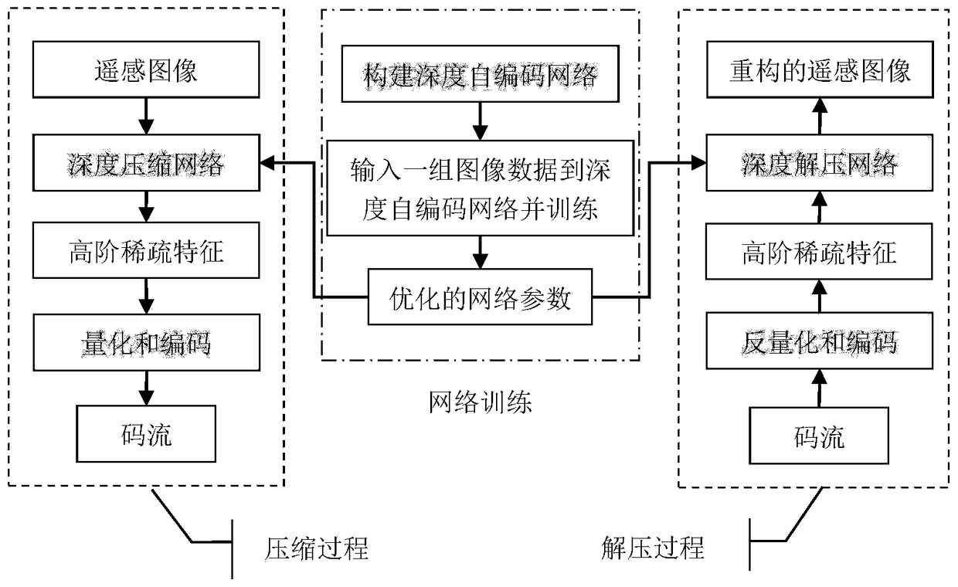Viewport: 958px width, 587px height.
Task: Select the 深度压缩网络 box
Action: pos(146,164)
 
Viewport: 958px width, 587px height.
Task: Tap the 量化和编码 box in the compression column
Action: pos(146,343)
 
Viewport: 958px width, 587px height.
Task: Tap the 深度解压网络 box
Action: pos(820,164)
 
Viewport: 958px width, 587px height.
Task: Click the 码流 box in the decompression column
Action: pos(820,437)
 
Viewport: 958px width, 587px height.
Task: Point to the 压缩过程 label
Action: pos(311,548)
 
